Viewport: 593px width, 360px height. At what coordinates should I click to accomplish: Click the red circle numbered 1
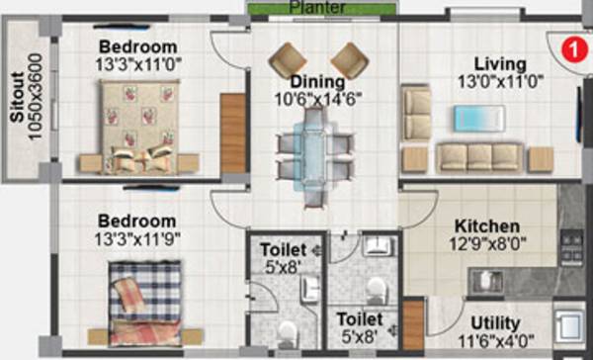pyautogui.click(x=571, y=45)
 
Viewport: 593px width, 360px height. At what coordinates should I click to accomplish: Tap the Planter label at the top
pyautogui.click(x=317, y=8)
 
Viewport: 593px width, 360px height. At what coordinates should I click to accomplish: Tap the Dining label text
pyautogui.click(x=317, y=81)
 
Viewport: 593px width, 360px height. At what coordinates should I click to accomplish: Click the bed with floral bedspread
pyautogui.click(x=139, y=122)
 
